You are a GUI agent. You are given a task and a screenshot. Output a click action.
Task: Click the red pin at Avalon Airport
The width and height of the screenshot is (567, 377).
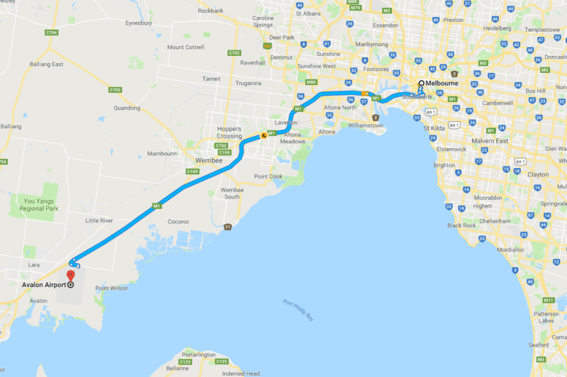(70, 276)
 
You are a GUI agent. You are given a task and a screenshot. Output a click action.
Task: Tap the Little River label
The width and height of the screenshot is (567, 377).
(99, 220)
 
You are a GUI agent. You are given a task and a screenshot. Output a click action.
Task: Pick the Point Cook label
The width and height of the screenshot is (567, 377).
(268, 176)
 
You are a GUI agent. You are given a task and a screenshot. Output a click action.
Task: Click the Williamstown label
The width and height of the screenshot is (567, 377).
(365, 125)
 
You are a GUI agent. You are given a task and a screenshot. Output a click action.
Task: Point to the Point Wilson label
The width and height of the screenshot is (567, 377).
(111, 288)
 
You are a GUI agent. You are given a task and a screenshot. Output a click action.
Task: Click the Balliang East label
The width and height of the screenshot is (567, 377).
(47, 64)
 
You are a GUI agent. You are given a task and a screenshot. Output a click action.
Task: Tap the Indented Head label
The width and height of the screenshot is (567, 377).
(241, 373)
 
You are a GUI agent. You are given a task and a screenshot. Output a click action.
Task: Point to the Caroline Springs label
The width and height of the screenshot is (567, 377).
(263, 21)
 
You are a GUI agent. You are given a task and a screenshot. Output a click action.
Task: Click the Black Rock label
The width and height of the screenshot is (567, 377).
(461, 225)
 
